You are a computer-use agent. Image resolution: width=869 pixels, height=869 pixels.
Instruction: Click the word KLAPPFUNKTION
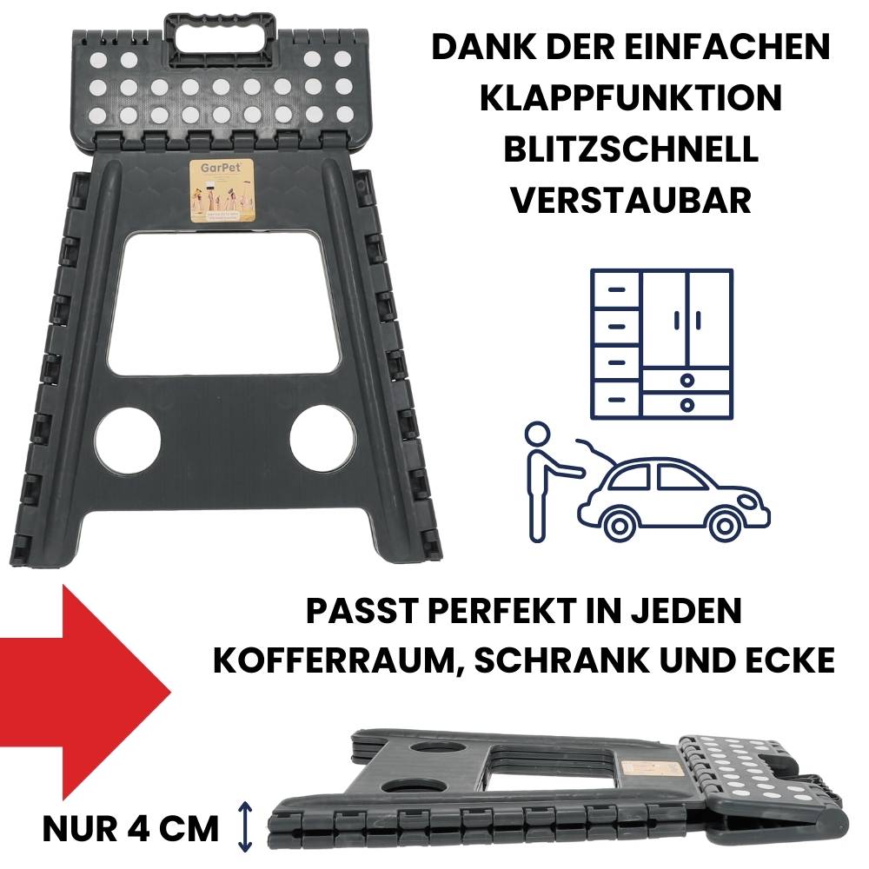[x=630, y=97]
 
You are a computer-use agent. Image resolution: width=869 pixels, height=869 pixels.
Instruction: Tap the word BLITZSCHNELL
[x=630, y=149]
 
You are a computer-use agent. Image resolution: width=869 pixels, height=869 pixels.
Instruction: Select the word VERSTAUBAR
[x=630, y=200]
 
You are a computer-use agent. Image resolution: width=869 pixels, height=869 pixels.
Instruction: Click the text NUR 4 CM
[x=130, y=827]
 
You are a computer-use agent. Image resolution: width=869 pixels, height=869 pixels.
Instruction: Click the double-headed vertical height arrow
[x=245, y=826]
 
